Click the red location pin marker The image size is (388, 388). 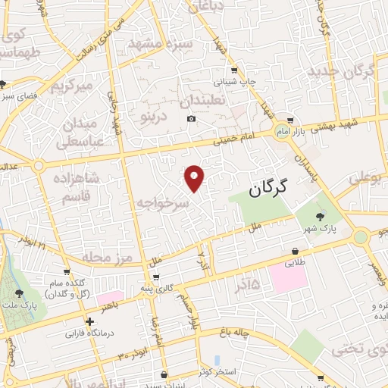pyautogui.click(x=195, y=177)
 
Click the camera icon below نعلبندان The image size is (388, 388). pyautogui.click(x=191, y=118)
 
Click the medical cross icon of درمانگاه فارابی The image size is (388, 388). pyautogui.click(x=90, y=321)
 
